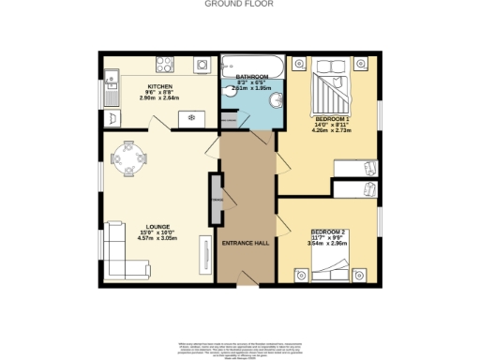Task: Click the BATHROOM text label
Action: click(251, 77)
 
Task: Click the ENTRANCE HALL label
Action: click(246, 243)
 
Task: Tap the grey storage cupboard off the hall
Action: click(217, 200)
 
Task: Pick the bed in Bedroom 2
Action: click(327, 273)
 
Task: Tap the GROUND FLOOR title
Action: click(240, 5)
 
